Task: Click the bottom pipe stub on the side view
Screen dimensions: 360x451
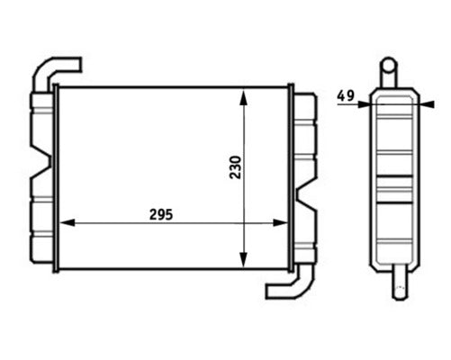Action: click(396, 286)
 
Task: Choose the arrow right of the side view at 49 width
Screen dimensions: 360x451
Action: click(423, 103)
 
